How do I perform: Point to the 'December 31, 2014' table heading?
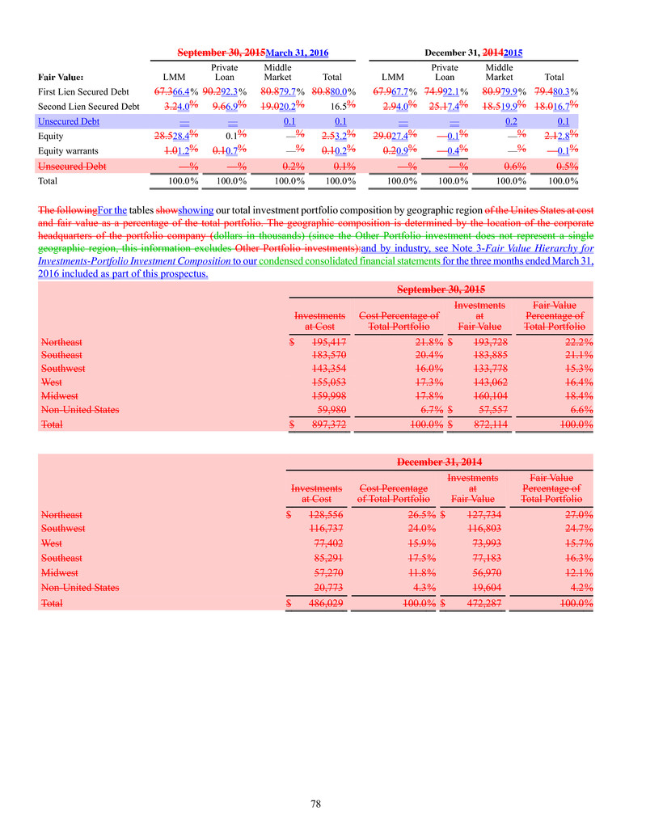pyautogui.click(x=440, y=462)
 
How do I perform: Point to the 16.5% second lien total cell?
pyautogui.click(x=343, y=106)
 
